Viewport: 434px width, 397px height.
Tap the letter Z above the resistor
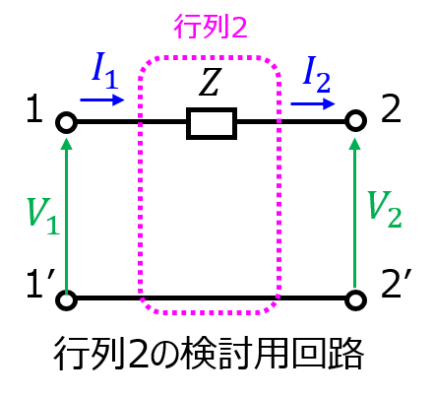point(209,82)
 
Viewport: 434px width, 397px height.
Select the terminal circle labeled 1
point(67,123)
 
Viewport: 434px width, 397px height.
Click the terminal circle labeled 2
point(356,121)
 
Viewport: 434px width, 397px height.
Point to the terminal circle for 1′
point(67,299)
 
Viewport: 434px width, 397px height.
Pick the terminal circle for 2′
point(356,299)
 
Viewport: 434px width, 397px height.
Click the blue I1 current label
point(105,71)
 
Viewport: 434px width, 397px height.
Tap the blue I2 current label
point(317,75)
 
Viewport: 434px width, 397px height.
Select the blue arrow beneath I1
point(102,99)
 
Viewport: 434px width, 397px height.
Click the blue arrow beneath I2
point(313,104)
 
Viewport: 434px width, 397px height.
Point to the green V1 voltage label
point(43,216)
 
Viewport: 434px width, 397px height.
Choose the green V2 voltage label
point(385,209)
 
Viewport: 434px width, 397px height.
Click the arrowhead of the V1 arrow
point(67,144)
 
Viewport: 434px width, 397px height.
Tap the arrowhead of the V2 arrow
point(355,144)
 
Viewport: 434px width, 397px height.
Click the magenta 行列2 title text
point(211,27)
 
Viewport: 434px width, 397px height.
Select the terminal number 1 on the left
point(35,109)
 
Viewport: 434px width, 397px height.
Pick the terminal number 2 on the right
point(391,108)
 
